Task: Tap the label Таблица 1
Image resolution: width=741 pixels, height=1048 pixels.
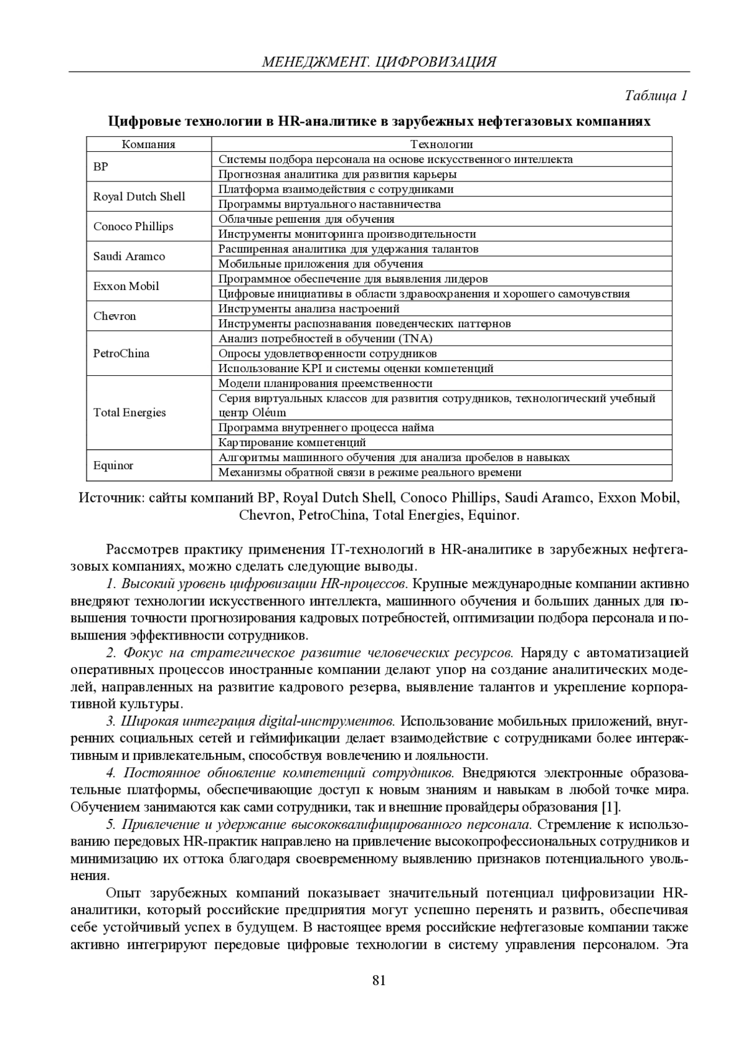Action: click(x=656, y=96)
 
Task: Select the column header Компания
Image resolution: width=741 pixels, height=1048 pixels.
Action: click(x=148, y=144)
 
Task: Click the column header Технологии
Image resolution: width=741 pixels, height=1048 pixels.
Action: click(x=442, y=144)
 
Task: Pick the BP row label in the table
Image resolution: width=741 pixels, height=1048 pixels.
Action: click(x=101, y=167)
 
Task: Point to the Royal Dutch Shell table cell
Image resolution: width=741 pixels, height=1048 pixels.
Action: click(x=139, y=197)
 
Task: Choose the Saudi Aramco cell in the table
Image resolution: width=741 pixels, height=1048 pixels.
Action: click(x=129, y=256)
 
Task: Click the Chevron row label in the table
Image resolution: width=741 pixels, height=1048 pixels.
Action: click(x=115, y=316)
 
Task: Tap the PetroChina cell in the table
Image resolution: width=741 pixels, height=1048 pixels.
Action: click(x=121, y=354)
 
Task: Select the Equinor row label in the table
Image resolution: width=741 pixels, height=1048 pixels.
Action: click(x=113, y=465)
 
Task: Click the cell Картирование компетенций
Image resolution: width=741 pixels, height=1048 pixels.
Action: click(x=292, y=443)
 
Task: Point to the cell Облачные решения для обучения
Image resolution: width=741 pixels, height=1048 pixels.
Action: click(x=306, y=219)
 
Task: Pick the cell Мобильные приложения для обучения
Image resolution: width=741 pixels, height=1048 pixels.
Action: click(x=320, y=264)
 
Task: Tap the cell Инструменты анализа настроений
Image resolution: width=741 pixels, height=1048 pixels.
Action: click(x=309, y=309)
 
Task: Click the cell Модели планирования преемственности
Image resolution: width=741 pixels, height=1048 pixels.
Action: click(x=325, y=383)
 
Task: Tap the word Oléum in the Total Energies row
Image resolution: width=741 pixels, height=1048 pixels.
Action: click(x=269, y=413)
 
